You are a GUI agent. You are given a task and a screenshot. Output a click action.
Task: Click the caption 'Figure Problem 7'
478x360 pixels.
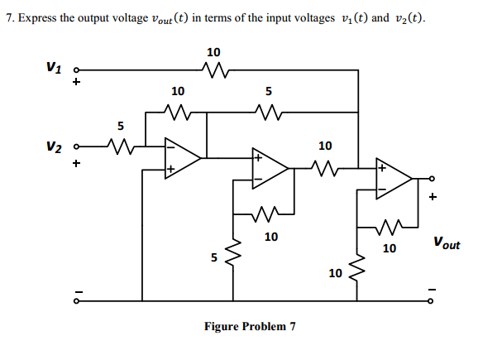pyautogui.click(x=249, y=326)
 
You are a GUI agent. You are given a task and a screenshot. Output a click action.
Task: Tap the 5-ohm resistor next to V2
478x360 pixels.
pyautogui.click(x=122, y=148)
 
